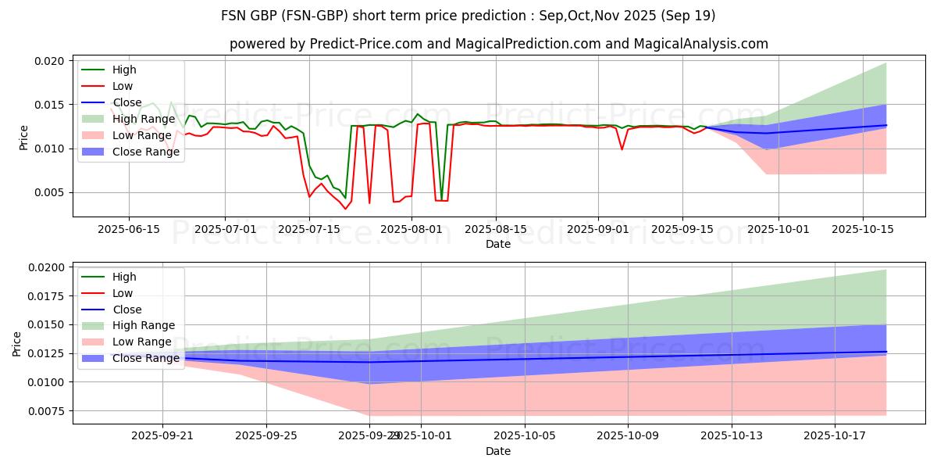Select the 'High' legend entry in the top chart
[x=124, y=70]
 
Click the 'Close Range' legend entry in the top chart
[x=146, y=152]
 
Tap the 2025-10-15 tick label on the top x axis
[x=863, y=229]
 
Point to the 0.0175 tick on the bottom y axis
[x=44, y=295]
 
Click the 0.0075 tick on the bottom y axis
[x=44, y=410]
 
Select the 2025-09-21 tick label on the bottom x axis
[x=162, y=436]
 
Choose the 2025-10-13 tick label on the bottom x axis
[x=732, y=436]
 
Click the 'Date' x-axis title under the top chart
[x=498, y=244]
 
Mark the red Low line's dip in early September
[x=622, y=149]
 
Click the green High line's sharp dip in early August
[x=441, y=199]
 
